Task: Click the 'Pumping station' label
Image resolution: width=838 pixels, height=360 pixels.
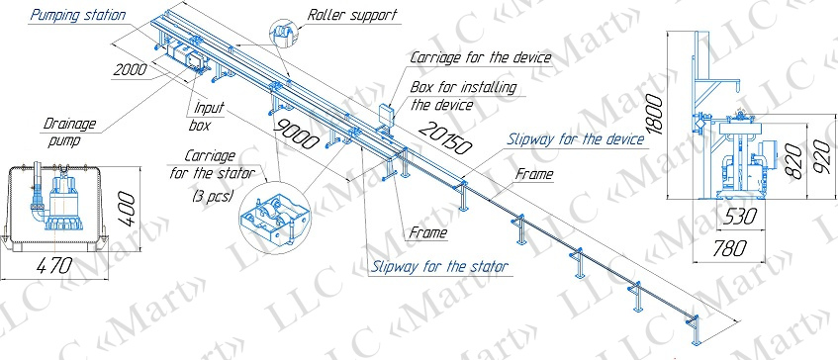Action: (x=78, y=15)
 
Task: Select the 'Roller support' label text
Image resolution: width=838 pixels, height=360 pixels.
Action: (x=351, y=15)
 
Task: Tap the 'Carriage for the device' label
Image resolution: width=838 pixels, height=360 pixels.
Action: (x=481, y=57)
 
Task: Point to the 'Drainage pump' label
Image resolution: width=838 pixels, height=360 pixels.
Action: (x=69, y=134)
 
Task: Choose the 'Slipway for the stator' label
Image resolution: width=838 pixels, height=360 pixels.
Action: (x=439, y=266)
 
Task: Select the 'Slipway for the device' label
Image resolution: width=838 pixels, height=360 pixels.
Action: (x=576, y=139)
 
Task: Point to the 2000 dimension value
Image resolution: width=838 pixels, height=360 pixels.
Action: (x=131, y=70)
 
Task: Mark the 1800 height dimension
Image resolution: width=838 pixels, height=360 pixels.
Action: (x=654, y=116)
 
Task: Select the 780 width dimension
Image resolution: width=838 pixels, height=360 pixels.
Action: (x=729, y=247)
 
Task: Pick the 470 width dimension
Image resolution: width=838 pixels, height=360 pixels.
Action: (x=53, y=265)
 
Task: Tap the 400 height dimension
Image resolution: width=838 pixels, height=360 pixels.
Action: (x=129, y=210)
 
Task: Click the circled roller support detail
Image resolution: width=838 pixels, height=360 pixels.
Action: (x=284, y=34)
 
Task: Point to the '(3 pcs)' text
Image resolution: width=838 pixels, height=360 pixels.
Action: (x=213, y=197)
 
